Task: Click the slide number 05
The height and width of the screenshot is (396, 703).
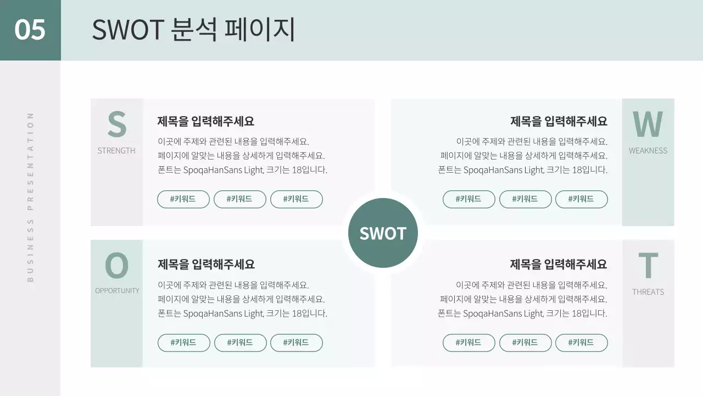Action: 30,30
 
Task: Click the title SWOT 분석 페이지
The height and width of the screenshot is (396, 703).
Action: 193,30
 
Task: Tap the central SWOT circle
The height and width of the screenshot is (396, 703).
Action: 383,233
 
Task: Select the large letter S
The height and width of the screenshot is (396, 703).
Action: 116,125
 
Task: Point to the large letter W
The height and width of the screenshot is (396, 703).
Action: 648,125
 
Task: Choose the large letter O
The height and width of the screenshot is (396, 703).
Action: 116,266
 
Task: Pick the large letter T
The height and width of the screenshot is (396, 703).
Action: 648,266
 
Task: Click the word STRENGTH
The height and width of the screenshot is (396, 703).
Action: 116,151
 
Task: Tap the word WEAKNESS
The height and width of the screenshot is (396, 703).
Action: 648,151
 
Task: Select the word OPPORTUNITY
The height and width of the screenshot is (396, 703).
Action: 117,290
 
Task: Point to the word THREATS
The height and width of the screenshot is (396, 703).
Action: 648,292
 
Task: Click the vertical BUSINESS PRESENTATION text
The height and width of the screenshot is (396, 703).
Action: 30,197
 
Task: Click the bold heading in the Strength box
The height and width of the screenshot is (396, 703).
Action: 206,121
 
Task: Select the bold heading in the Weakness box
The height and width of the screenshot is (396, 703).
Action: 559,121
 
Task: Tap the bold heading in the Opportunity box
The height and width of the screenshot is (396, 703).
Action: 206,264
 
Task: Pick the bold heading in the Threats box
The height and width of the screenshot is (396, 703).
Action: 559,264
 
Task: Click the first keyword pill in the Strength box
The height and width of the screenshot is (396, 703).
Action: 183,199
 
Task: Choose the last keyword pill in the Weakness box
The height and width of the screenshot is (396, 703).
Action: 581,199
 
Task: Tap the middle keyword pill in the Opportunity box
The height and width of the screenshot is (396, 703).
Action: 240,343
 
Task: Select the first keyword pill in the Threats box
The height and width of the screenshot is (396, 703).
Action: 468,343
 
